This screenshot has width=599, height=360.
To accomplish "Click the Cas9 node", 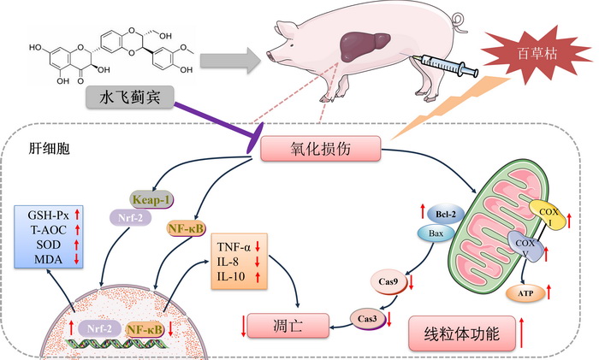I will click(x=388, y=279).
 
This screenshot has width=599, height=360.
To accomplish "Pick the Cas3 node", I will click(x=365, y=318).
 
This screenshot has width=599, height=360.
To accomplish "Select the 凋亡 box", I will click(x=288, y=326).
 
